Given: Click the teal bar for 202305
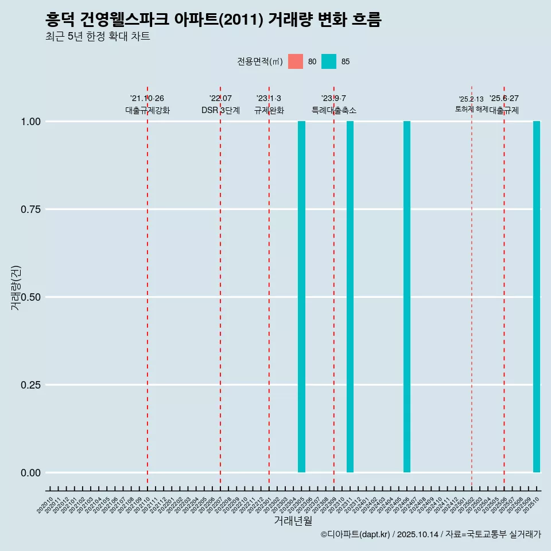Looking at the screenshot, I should point(301,297).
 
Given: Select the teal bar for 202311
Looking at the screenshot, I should point(350,297).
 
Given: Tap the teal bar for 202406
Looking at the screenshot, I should point(407,297).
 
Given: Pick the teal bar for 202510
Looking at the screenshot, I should point(537,297).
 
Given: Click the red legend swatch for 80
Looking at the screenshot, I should point(296,61).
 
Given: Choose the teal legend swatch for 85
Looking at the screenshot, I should point(329,61).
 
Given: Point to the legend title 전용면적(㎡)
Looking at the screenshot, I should point(260,61).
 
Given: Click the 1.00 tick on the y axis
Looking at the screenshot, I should point(30,122).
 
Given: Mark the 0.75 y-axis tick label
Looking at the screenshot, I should point(30,209).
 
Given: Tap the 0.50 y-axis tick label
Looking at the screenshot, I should point(30,297).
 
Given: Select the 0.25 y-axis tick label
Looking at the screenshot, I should point(30,385).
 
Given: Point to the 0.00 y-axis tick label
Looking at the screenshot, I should point(30,473).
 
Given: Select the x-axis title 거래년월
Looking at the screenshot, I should point(293,521).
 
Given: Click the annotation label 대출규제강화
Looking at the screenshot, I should point(148,110).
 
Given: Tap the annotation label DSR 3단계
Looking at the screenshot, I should point(220,110).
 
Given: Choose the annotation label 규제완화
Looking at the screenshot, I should point(269,110).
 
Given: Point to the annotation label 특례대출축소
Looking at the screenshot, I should point(334,110).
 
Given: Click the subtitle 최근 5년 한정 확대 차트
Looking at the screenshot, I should point(98,37).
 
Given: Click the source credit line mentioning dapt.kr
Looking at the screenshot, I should point(430,535).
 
